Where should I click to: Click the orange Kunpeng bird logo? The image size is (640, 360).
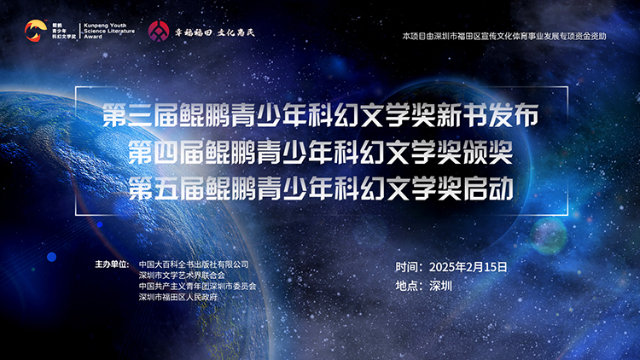click(x=36, y=31)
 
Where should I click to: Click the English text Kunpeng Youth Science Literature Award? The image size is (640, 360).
click(x=109, y=31)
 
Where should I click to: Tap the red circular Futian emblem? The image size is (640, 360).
click(x=159, y=32)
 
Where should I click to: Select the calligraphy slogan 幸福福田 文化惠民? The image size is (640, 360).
click(x=215, y=32)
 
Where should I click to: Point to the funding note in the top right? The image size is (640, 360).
click(x=504, y=36)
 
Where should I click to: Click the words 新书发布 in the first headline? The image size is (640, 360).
click(x=488, y=115)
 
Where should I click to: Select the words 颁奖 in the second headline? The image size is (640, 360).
click(x=488, y=153)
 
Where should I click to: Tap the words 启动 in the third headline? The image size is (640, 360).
click(x=488, y=189)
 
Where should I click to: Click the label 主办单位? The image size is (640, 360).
click(x=111, y=264)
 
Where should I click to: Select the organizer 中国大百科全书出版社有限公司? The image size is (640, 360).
click(x=194, y=264)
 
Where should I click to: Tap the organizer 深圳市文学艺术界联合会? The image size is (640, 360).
click(x=182, y=276)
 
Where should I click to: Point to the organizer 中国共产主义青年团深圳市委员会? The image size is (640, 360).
click(x=198, y=286)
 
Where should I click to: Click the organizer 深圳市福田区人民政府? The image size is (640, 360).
click(x=178, y=297)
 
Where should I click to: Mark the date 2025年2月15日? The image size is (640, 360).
click(x=468, y=267)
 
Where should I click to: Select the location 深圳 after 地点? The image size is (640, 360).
click(x=441, y=286)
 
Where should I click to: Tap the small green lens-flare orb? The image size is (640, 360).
click(x=550, y=235)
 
